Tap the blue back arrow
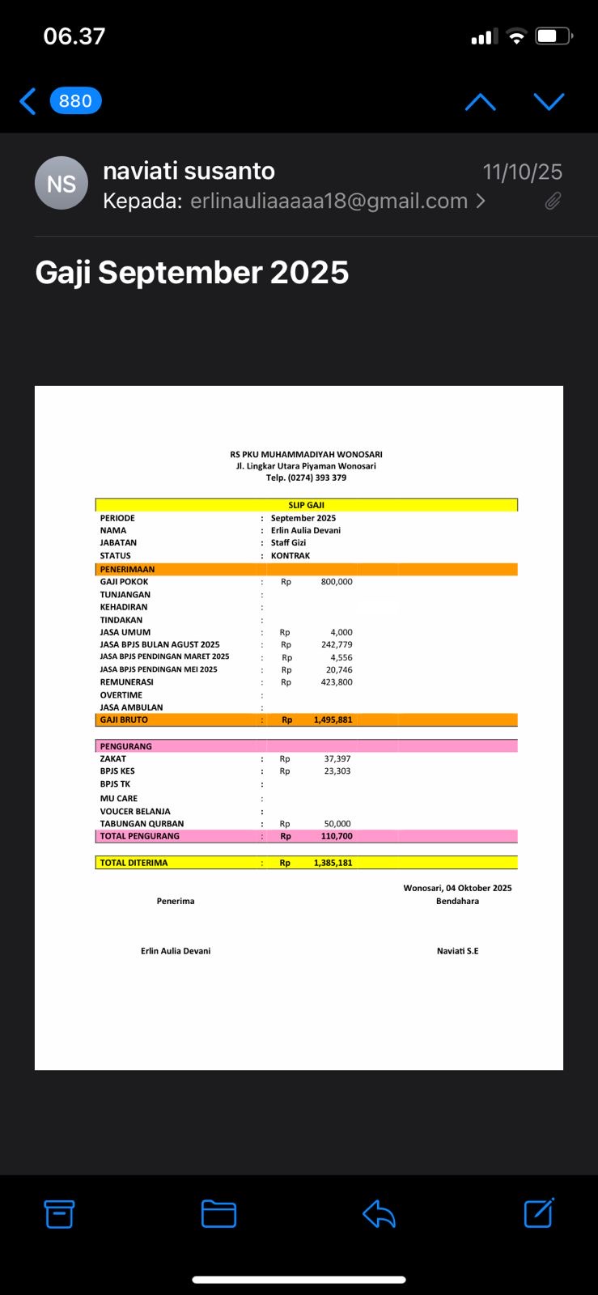[x=28, y=101]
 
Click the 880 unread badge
[x=75, y=101]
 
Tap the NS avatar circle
[x=61, y=184]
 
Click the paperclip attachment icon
[x=553, y=201]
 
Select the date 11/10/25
[x=522, y=172]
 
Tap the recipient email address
[x=329, y=201]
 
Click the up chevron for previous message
[x=481, y=101]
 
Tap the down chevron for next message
[x=549, y=101]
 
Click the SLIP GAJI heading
[x=306, y=505]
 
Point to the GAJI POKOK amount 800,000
[x=337, y=582]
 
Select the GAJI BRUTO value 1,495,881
[x=333, y=720]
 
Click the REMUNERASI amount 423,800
[x=337, y=682]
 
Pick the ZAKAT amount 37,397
[x=337, y=759]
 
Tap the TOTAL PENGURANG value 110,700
[x=337, y=836]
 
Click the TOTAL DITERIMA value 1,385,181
[x=333, y=863]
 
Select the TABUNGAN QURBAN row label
[x=142, y=824]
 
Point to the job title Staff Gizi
[x=288, y=543]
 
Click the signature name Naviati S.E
[x=457, y=951]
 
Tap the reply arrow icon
[x=379, y=1213]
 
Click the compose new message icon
[x=539, y=1213]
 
